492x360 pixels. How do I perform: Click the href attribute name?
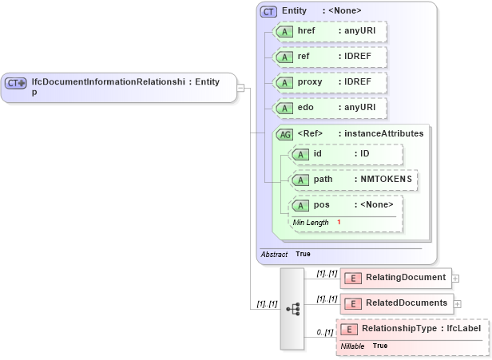click(x=307, y=30)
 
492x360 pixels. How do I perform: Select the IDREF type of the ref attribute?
click(x=354, y=57)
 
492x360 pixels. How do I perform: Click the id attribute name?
click(x=317, y=153)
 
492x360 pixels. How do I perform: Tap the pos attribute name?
click(x=321, y=206)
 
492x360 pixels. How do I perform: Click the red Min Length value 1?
click(x=339, y=222)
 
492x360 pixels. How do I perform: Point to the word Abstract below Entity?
click(x=274, y=254)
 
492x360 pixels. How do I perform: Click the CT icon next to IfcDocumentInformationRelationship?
click(x=15, y=83)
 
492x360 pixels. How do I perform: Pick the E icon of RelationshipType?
click(x=348, y=329)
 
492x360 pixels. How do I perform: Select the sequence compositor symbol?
click(x=292, y=308)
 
